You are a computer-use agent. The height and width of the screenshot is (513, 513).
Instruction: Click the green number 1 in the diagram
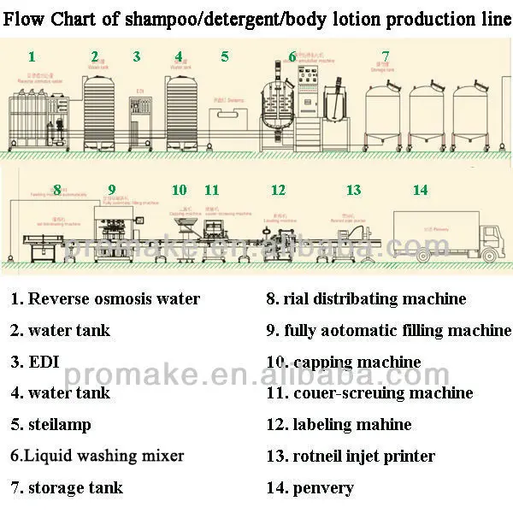[32, 57]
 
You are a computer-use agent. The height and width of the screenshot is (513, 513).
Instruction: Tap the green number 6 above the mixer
[292, 57]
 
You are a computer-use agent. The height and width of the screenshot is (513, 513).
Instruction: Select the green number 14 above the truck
[420, 190]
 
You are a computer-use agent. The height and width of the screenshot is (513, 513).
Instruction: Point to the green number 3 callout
[137, 57]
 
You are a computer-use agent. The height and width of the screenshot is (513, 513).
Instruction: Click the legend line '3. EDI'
[35, 361]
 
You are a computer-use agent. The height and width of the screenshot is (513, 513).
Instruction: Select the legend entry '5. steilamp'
[50, 424]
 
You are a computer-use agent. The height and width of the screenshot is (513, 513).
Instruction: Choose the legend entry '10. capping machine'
[344, 363]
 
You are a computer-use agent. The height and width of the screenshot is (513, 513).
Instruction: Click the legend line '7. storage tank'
[67, 488]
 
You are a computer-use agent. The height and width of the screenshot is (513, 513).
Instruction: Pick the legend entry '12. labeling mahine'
[339, 424]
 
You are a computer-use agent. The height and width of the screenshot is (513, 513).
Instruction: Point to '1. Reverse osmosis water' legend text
[105, 299]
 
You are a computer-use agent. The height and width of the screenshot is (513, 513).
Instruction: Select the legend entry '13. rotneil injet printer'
[351, 457]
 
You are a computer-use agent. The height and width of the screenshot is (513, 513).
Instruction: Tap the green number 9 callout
[112, 190]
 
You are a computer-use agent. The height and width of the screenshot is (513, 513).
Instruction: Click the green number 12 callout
[278, 190]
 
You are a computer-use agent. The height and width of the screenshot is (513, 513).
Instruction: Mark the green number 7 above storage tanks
[386, 57]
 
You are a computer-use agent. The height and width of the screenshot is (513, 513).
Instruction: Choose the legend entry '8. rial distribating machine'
[366, 299]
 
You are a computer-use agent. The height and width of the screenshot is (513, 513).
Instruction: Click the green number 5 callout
[225, 57]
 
